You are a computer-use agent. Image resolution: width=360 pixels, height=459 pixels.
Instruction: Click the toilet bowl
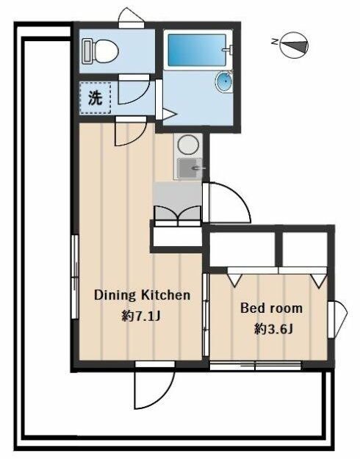106,51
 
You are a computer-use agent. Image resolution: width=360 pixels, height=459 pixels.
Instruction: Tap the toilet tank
87,51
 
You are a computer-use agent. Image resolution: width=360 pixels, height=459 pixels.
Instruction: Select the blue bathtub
197,50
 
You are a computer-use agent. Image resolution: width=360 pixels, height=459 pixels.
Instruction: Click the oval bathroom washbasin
225,82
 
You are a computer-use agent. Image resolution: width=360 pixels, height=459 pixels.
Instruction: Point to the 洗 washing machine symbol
96,98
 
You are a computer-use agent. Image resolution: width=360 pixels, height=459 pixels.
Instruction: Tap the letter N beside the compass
275,42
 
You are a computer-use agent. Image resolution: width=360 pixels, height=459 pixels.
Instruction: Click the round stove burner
189,145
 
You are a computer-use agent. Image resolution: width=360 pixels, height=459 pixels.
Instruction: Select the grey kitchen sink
190,168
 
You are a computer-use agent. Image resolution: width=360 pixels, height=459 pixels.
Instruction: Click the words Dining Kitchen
142,295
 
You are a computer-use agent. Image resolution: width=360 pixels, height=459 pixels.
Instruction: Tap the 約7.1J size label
141,316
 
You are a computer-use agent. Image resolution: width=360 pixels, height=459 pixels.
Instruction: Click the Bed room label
271,308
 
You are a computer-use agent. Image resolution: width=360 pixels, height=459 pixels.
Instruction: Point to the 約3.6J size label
273,329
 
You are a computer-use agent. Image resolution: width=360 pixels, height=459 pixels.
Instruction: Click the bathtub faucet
228,49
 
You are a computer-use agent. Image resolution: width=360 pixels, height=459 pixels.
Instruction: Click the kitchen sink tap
198,168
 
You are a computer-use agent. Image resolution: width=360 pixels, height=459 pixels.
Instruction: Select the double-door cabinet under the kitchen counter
178,213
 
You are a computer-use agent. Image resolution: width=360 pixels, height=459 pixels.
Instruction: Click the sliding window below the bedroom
256,366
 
